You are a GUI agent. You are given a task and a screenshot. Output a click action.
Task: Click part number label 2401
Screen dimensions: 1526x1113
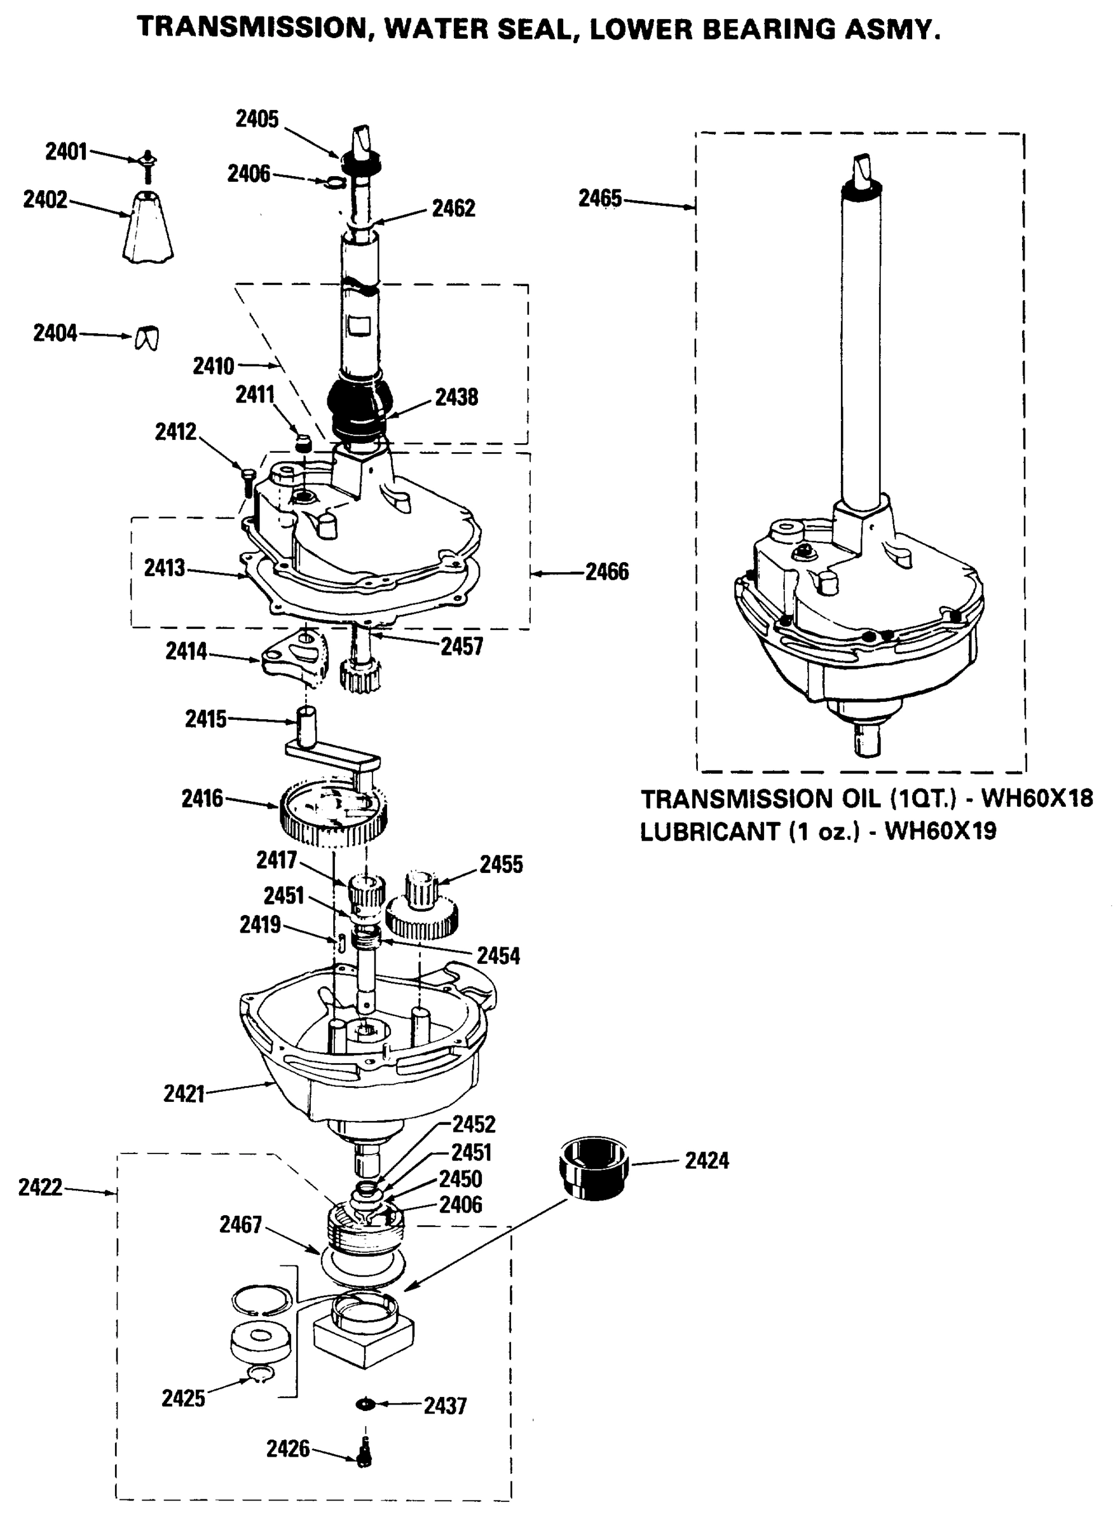(66, 152)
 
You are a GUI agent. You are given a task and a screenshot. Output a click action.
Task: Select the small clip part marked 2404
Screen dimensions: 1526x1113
(147, 337)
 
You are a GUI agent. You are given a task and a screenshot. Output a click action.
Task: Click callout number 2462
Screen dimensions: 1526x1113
(453, 209)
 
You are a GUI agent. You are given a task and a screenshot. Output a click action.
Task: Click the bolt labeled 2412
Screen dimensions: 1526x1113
(247, 482)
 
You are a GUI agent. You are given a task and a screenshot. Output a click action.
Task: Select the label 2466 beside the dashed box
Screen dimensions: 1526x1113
(606, 572)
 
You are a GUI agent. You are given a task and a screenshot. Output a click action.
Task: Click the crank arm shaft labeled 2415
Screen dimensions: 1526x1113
(306, 727)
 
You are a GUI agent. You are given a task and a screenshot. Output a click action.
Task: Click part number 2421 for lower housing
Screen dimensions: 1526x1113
(184, 1092)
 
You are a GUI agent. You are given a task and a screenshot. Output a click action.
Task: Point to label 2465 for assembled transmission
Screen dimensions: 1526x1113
(599, 198)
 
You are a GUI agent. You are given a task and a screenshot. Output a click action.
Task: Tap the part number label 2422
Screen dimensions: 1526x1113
(40, 1187)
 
